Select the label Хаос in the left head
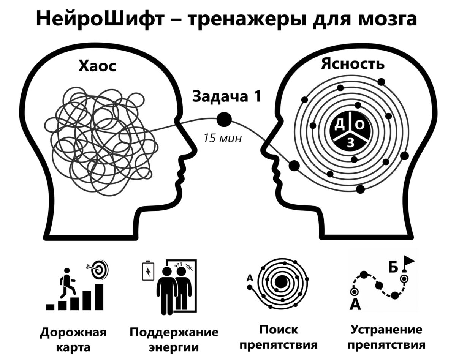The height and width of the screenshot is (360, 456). pos(97,66)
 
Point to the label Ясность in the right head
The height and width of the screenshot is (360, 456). pos(352,64)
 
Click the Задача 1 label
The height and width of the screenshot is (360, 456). pos(227,96)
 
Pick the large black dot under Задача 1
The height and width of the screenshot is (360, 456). pos(224,120)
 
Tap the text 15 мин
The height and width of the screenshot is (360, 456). pos(222,138)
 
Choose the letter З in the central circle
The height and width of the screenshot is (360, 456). pos(350,143)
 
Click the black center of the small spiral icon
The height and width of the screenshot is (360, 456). pos(282,282)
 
